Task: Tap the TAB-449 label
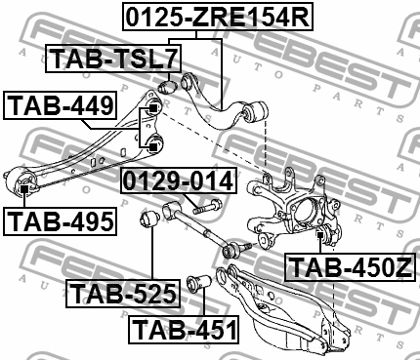point(61,103)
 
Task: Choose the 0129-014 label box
point(178,180)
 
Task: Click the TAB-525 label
point(123,291)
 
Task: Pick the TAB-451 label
point(185,329)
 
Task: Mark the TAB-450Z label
point(347,265)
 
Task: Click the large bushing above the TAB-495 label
point(21,182)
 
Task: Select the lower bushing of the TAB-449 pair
point(153,145)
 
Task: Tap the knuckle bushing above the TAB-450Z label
point(322,234)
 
